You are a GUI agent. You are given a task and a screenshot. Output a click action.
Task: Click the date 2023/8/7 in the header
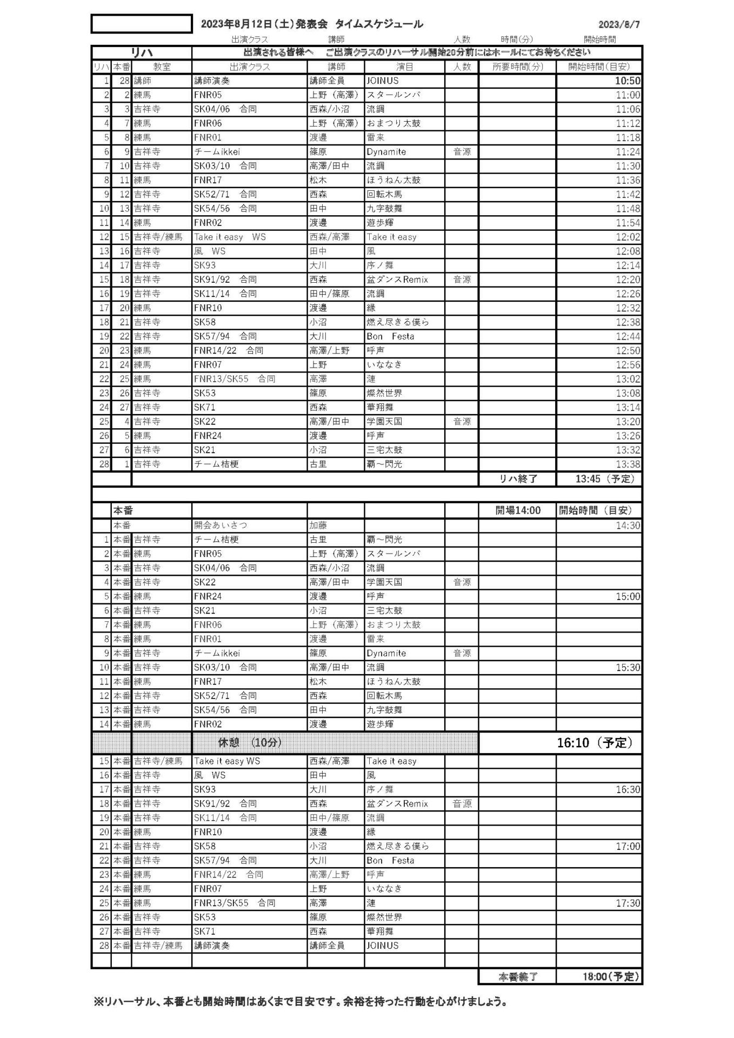point(619,24)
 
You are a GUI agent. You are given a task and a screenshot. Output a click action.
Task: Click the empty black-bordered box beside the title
point(142,24)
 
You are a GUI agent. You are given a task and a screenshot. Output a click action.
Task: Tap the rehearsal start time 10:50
point(628,81)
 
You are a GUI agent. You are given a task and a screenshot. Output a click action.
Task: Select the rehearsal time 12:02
point(628,237)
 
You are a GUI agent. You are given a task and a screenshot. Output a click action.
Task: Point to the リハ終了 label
point(518,478)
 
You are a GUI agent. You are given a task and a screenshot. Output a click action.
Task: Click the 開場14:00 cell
point(518,510)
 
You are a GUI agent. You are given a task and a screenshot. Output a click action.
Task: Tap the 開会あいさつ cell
point(221,525)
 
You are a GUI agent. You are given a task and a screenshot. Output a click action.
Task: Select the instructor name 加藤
point(318,525)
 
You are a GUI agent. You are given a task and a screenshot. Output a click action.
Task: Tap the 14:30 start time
point(628,525)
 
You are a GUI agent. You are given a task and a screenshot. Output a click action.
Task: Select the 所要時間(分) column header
point(518,67)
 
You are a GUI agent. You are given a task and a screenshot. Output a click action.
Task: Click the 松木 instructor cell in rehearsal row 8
point(318,180)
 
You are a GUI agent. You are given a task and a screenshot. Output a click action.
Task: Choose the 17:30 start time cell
point(628,903)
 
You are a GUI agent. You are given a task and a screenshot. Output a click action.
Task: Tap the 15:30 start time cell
point(628,668)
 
